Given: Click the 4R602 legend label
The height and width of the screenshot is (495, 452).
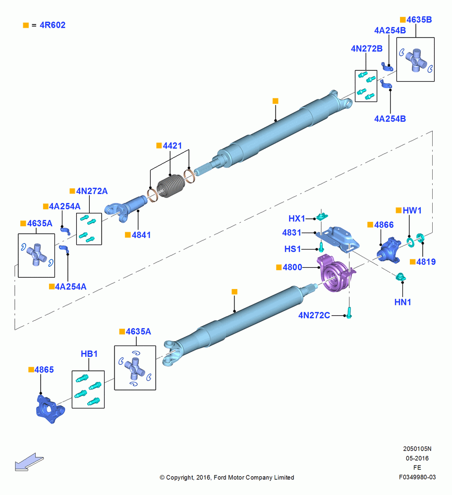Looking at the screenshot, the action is pos(53,25).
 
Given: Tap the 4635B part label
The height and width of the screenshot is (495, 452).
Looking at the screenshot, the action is pos(419,20).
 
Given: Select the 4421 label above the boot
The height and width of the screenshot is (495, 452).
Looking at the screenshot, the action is pos(172,146).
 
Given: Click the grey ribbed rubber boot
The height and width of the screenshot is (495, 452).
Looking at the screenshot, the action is pos(171,186).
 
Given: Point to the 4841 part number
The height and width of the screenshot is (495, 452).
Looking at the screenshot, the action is pos(141,235).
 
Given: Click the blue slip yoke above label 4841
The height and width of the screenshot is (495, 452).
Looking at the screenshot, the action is pos(126,208).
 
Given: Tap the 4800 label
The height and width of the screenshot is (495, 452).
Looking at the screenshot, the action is pos(292,267).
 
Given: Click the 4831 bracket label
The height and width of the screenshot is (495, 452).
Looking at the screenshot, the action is pos(292,233).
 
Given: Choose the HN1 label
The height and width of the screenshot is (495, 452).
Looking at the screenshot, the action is pos(403,302).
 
